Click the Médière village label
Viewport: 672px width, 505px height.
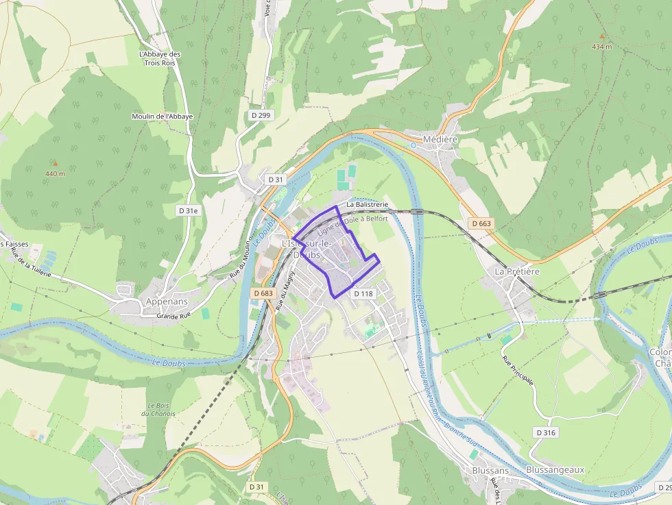[x=440, y=139]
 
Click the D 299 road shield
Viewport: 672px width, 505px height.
[x=261, y=115]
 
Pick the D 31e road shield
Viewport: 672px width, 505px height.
[x=188, y=211]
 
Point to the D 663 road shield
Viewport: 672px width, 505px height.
[x=482, y=223]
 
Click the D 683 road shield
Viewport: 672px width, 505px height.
[x=263, y=293]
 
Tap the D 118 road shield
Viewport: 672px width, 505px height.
[x=363, y=293]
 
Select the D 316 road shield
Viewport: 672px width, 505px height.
[x=545, y=432]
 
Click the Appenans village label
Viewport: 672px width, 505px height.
[x=167, y=301]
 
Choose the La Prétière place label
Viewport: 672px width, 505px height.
[x=518, y=271]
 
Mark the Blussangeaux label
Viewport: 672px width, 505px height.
[x=555, y=469]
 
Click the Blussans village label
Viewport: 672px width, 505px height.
[x=490, y=471]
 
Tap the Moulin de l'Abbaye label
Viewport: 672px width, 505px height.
[x=162, y=116]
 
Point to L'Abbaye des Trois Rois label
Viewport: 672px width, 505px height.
[x=159, y=58]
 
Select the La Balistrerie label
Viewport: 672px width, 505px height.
[x=368, y=204]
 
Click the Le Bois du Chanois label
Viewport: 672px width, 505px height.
[x=158, y=410]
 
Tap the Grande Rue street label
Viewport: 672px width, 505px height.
[x=173, y=316]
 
